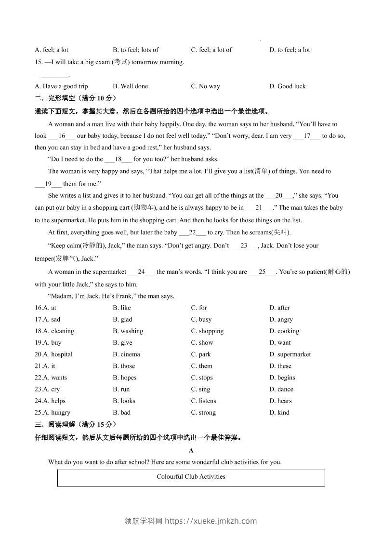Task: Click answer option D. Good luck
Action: pos(287,86)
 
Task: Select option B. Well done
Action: pos(130,86)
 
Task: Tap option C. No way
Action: pos(205,86)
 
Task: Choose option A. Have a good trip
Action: pos(61,86)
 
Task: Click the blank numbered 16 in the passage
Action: pos(62,136)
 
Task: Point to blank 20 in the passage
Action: pos(279,196)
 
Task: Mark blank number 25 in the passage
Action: pos(263,272)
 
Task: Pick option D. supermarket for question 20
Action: pos(290,354)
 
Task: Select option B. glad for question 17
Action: pos(122,319)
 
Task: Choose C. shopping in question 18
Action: pos(207,331)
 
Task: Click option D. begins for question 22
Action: pos(282,378)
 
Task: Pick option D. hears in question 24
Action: pos(280,401)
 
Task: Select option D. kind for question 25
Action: pos(279,412)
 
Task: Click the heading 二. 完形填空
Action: pos(76,98)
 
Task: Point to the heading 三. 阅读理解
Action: pos(76,424)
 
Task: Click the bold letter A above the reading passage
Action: pos(191,450)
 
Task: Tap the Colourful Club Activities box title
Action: pos(191,477)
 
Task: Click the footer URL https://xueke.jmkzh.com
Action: pos(211,521)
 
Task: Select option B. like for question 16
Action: pos(122,308)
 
